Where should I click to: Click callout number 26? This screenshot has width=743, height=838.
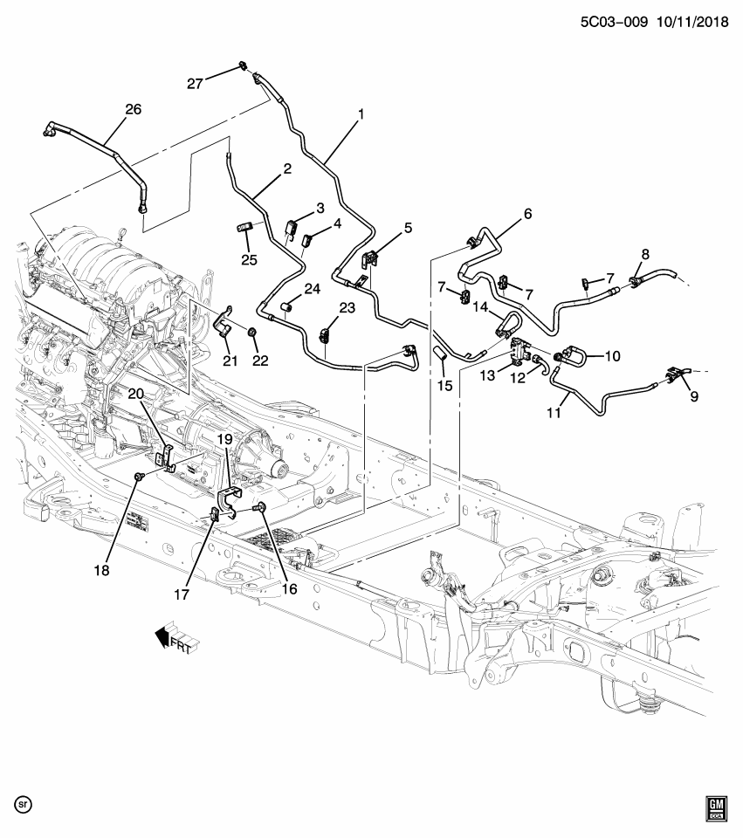133,109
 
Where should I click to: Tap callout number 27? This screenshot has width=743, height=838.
196,84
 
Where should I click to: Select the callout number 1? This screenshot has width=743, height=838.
360,114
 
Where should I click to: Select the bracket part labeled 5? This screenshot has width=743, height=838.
369,259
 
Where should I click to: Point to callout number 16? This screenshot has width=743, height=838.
289,589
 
